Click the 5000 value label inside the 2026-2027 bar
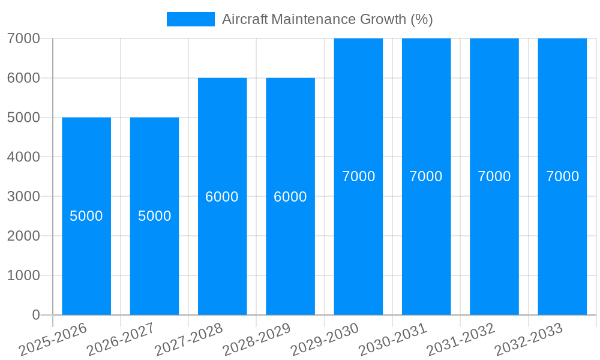[x=155, y=216]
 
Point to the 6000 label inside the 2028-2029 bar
[x=290, y=197]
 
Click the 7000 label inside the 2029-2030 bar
[x=358, y=176]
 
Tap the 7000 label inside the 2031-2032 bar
[x=494, y=176]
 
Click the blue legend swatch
[x=190, y=19]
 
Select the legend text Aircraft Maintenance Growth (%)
[x=327, y=19]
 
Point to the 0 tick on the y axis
[x=35, y=315]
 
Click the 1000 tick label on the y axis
[x=23, y=275]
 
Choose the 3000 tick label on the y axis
[x=23, y=196]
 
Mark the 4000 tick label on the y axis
[x=23, y=157]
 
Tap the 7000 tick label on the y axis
[x=23, y=38]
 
